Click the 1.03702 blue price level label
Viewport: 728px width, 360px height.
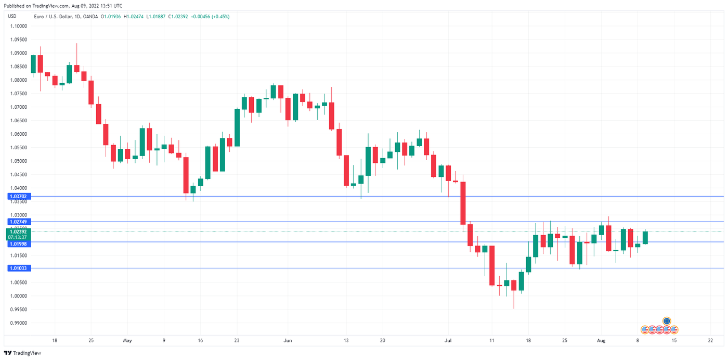click(18, 197)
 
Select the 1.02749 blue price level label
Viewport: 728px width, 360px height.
click(18, 222)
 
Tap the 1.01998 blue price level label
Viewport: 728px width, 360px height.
click(18, 244)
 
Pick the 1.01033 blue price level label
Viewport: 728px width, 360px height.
click(18, 268)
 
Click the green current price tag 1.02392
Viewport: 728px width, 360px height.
click(18, 232)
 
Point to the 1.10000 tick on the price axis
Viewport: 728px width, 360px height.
click(19, 26)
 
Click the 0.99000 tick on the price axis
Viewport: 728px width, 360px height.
click(19, 323)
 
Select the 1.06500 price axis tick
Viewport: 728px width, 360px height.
click(19, 120)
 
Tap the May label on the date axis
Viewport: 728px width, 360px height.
click(127, 341)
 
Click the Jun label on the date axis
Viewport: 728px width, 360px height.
click(288, 341)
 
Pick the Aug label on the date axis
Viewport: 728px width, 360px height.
click(601, 341)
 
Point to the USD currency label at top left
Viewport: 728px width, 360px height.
click(12, 16)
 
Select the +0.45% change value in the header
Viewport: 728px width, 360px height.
click(219, 17)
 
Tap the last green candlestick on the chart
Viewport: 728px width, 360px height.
click(645, 238)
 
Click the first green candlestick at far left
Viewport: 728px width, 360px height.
click(33, 64)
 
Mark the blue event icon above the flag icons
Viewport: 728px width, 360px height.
click(667, 321)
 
